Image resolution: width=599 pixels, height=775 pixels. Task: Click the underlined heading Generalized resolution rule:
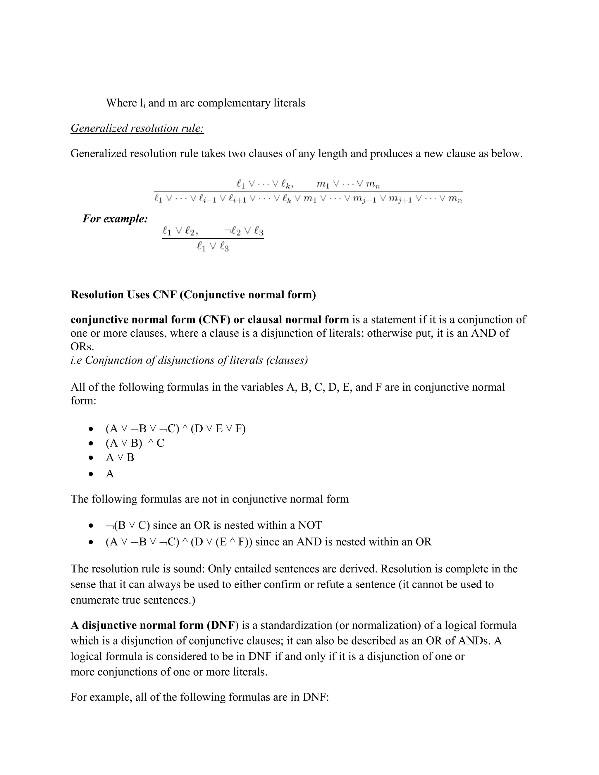(x=137, y=128)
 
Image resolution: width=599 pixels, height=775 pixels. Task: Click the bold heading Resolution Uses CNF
(x=193, y=294)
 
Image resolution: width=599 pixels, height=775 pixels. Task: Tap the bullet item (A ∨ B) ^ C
(x=135, y=443)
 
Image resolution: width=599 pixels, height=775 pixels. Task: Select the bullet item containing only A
(x=110, y=474)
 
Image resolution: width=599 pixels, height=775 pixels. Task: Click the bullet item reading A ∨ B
(x=120, y=457)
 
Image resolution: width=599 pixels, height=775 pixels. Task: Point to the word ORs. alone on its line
(x=82, y=347)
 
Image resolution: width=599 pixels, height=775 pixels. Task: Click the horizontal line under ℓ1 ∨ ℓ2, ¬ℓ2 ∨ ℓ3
(x=213, y=238)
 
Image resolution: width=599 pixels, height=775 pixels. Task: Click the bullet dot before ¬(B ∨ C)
(x=92, y=526)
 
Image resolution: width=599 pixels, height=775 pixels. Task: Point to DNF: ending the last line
(x=316, y=697)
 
